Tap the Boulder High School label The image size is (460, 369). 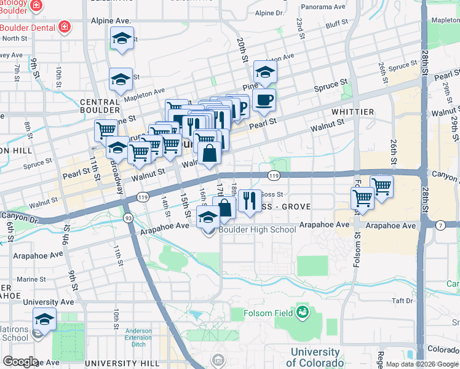click(248, 229)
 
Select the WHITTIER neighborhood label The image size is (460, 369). click(352, 111)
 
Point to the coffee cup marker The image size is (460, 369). click(264, 100)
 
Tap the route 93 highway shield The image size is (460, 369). click(129, 218)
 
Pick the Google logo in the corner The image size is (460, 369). click(20, 362)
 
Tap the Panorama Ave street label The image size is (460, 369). click(323, 7)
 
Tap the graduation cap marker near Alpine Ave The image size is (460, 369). click(122, 39)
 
